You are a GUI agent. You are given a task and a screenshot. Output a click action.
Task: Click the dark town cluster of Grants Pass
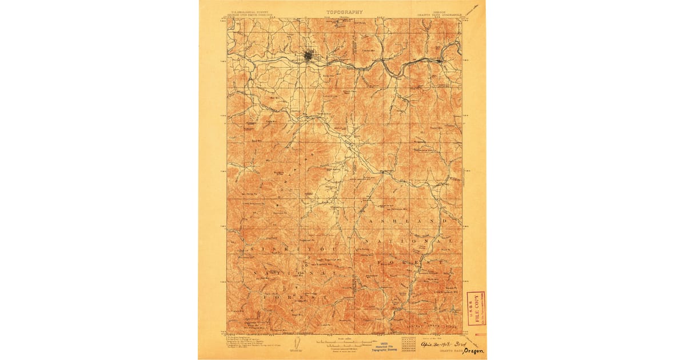pos(309,56)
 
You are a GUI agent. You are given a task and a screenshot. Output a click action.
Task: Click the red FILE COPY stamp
pos(476,308)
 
